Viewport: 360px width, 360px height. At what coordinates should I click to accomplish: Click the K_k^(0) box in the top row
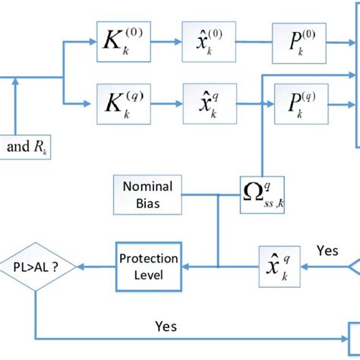point(117,41)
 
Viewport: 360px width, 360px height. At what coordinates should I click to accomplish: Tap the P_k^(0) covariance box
point(296,41)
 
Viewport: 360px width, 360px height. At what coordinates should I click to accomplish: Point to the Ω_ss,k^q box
point(262,197)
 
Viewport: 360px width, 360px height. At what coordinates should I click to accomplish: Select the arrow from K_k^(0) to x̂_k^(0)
point(160,42)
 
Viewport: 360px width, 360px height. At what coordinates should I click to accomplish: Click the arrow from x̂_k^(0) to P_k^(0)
point(250,42)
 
